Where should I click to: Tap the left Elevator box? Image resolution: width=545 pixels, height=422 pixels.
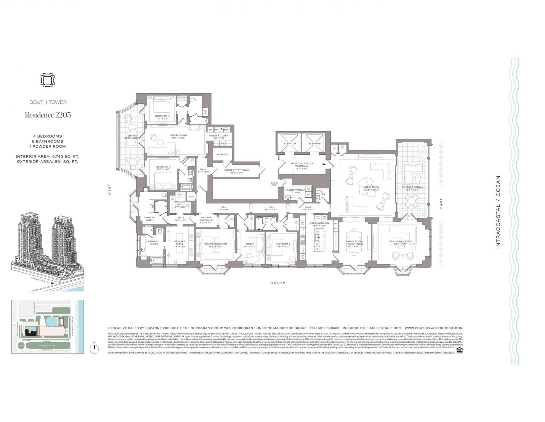[290, 144]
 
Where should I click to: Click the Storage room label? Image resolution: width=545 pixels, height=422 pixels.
[223, 154]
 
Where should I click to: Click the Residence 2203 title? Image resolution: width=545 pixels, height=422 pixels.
[48, 115]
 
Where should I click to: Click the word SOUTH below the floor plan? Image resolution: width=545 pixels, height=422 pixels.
[278, 283]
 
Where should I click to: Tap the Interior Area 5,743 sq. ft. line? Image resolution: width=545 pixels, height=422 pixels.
[47, 156]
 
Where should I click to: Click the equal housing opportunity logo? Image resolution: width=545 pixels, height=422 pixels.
[459, 350]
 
